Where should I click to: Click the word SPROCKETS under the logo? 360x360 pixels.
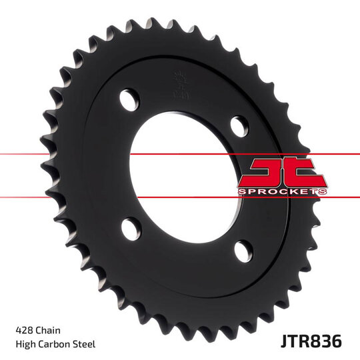(282, 191)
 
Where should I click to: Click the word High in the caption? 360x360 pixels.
(25, 344)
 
